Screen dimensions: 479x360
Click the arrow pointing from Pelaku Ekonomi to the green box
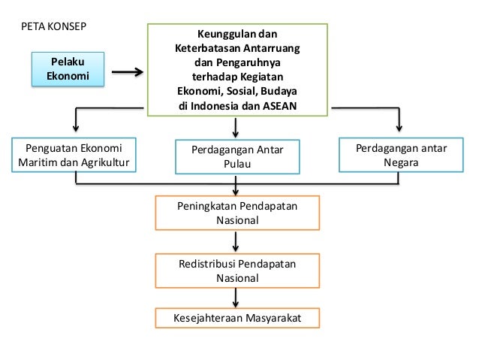point(128,73)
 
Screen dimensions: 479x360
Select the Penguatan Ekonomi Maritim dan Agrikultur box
point(74,154)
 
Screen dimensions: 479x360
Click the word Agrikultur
point(105,162)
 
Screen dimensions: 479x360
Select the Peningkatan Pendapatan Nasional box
point(236,213)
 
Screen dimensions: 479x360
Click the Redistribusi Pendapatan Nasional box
point(236,271)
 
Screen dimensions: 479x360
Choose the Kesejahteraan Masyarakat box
point(236,318)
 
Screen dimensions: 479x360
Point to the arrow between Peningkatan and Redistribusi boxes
point(236,241)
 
